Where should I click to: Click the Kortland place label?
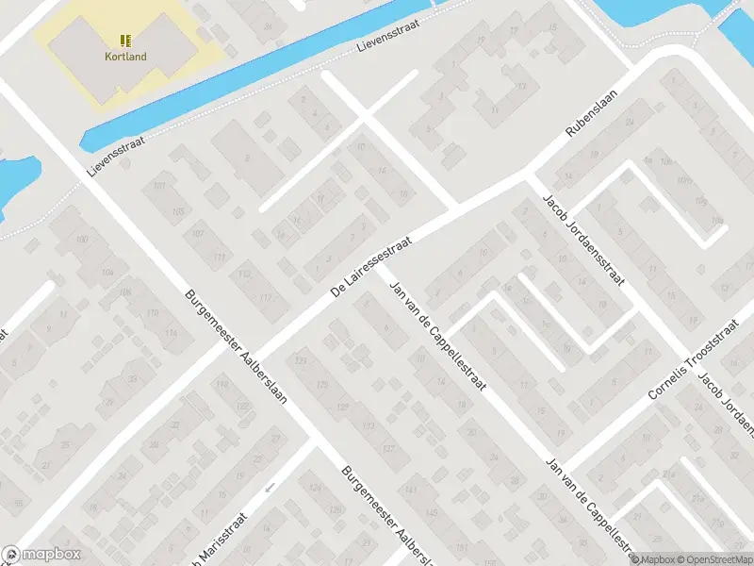(x=125, y=56)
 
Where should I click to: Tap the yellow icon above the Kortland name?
(x=125, y=41)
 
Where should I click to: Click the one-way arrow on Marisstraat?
(x=270, y=488)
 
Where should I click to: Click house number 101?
(x=159, y=185)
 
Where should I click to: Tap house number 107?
(x=197, y=233)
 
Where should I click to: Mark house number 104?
(x=107, y=273)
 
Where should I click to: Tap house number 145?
(x=432, y=512)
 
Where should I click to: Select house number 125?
(x=321, y=385)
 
